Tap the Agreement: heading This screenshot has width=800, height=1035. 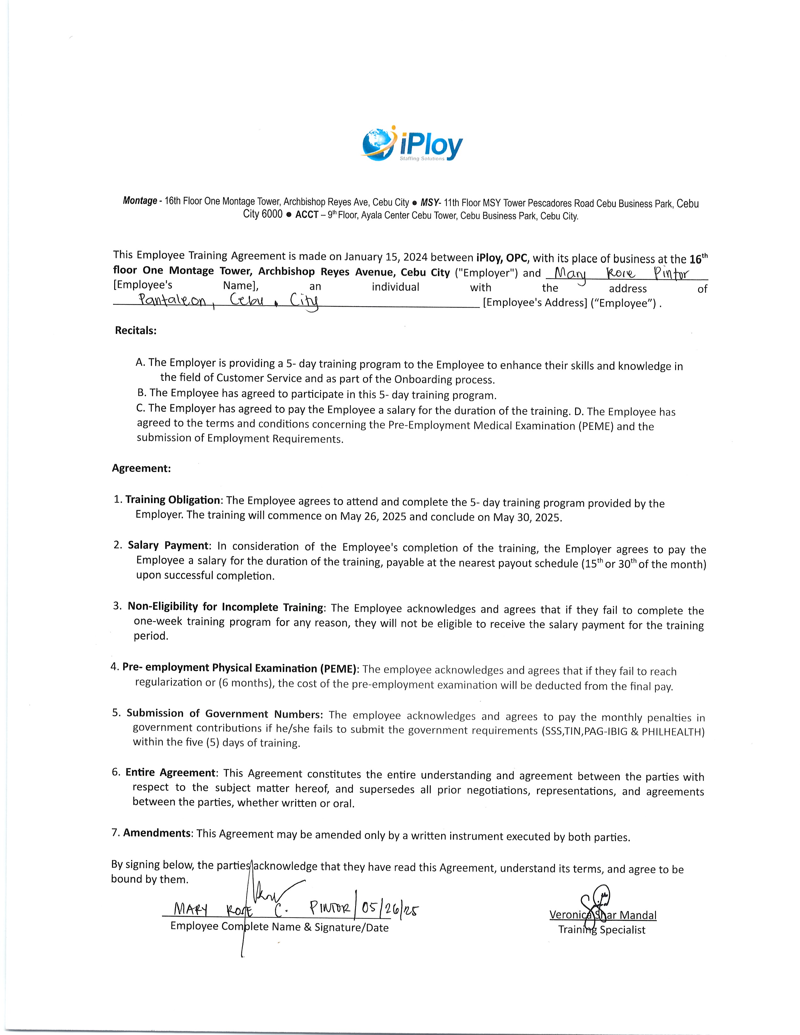pos(141,468)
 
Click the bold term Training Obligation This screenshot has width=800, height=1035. pos(173,500)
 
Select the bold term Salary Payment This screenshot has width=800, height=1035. pos(168,545)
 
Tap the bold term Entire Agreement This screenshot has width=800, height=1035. pos(170,772)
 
